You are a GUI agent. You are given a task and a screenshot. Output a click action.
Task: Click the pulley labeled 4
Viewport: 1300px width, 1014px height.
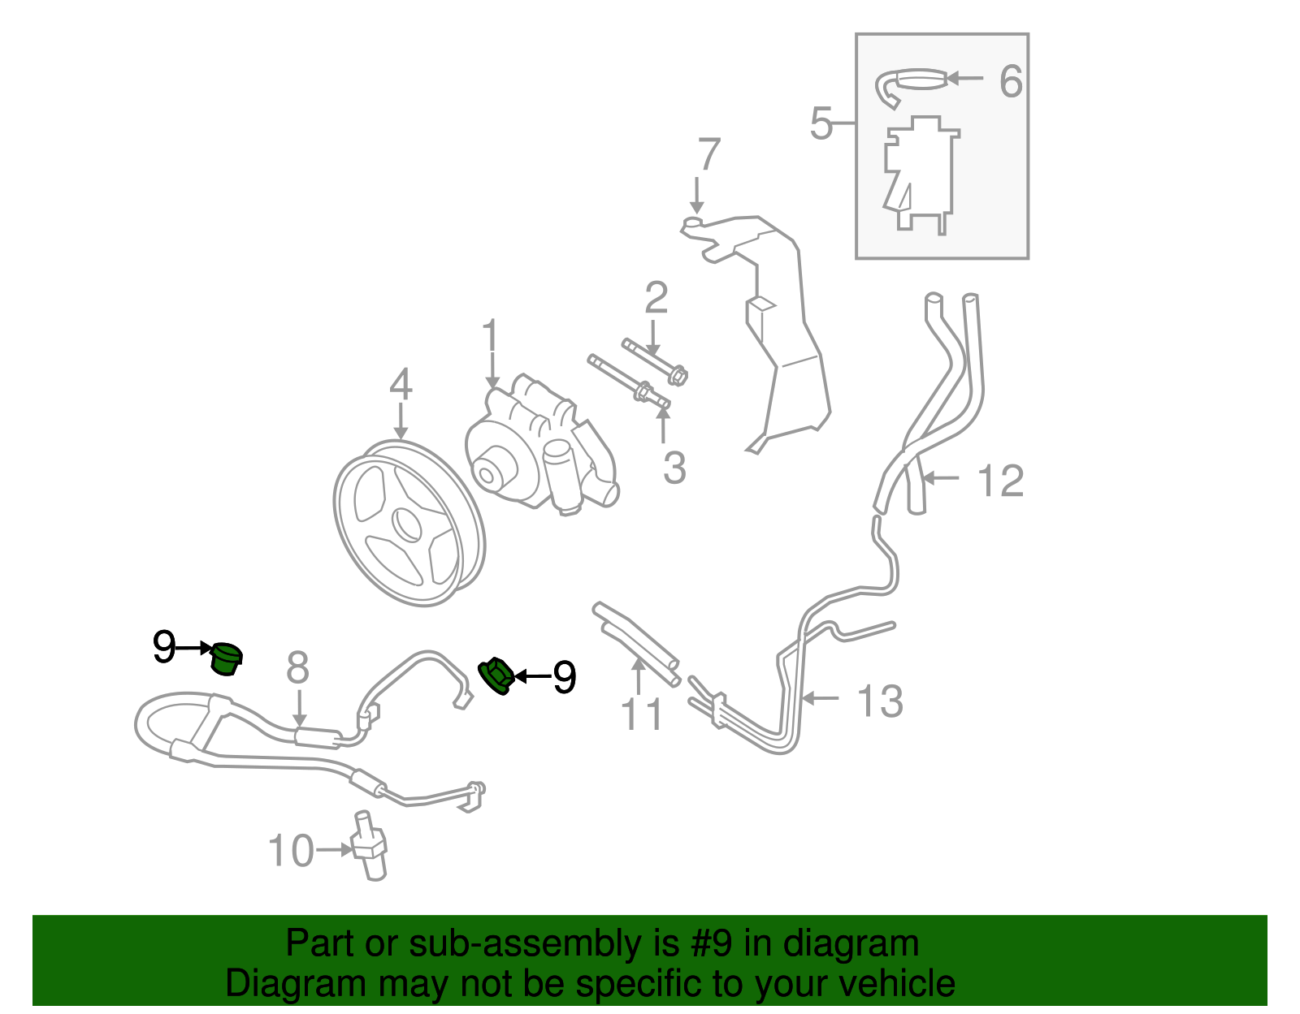(409, 524)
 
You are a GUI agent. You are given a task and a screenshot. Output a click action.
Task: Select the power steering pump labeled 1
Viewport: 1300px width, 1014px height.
(540, 447)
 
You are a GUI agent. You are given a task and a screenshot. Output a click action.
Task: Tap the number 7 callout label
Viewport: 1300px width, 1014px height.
(708, 154)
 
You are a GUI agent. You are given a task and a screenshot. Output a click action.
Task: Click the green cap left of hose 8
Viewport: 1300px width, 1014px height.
(227, 658)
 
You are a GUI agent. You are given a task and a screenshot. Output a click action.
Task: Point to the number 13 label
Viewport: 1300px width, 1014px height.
(880, 701)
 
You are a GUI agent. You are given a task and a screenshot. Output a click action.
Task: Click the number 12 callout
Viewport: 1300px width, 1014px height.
(1000, 481)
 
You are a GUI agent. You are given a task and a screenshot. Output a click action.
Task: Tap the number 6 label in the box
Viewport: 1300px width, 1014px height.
(1010, 81)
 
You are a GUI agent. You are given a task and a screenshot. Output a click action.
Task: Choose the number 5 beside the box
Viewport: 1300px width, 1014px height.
(821, 124)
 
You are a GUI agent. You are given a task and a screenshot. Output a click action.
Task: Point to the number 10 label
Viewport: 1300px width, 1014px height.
(290, 851)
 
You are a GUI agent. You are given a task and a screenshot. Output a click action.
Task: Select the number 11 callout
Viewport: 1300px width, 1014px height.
(642, 714)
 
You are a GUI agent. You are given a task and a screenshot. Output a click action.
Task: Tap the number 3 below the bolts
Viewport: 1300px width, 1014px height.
(674, 468)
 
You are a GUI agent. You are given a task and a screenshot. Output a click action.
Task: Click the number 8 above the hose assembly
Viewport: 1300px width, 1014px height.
(297, 667)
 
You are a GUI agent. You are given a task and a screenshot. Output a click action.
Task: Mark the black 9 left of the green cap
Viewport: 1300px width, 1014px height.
(163, 648)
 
